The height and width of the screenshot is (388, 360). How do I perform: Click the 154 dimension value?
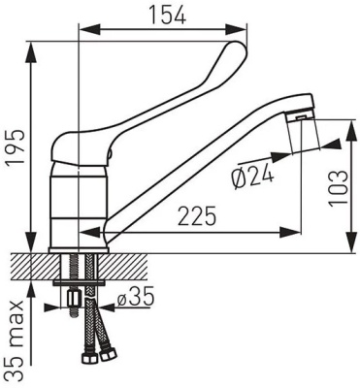pos(167,15)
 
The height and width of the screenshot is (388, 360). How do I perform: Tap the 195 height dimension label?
pos(16,147)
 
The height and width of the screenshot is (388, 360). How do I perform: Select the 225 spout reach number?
pos(197,216)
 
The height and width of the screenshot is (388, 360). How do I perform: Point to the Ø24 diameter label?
pos(253,178)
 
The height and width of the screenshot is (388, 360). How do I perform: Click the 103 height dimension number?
pos(339,188)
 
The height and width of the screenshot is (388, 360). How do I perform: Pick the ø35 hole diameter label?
pos(135,299)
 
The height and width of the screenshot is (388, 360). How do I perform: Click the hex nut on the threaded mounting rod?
pos(73,298)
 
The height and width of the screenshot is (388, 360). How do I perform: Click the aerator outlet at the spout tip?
pos(301,117)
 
